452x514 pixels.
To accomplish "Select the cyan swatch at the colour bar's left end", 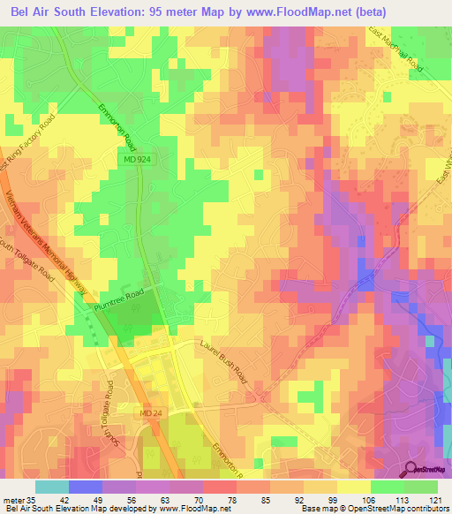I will (x=51, y=486).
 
